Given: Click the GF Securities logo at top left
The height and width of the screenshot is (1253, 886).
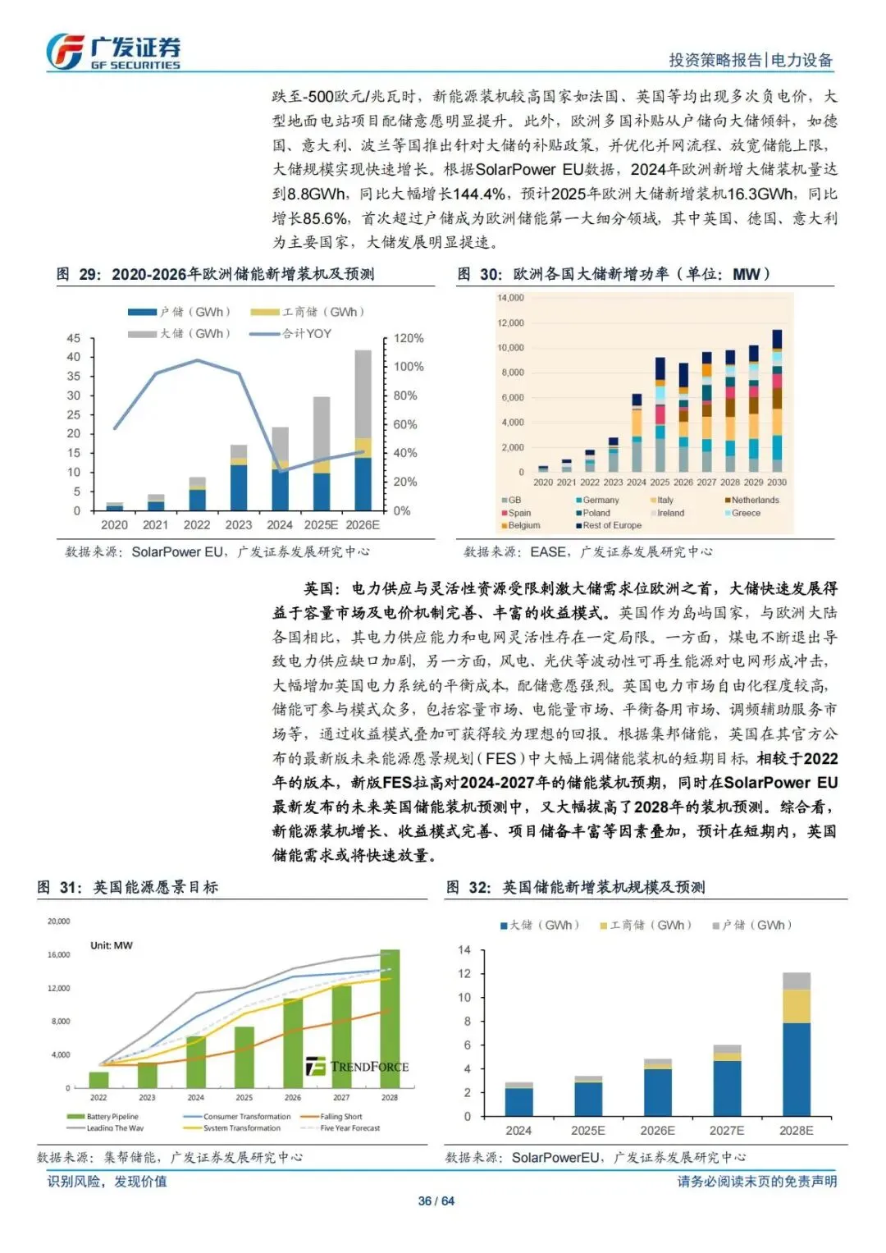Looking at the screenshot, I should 112,52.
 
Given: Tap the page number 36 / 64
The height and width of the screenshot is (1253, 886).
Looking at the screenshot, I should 436,1200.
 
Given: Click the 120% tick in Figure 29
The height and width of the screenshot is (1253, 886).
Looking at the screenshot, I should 409,338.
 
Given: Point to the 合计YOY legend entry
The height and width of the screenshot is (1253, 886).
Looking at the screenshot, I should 292,334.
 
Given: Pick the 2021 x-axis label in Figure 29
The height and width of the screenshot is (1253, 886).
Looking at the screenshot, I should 155,525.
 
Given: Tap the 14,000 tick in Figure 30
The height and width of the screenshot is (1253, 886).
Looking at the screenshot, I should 510,298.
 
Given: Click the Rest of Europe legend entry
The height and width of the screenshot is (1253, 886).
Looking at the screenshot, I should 608,525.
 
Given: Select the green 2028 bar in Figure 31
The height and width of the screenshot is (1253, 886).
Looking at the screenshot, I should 390,1018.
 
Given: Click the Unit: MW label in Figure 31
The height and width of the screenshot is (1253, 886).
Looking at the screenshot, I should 112,945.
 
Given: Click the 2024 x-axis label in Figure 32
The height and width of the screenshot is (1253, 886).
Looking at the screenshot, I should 518,1131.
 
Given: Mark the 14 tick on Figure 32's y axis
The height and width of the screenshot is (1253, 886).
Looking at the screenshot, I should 464,950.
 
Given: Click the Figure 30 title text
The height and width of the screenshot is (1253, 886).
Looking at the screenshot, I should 613,274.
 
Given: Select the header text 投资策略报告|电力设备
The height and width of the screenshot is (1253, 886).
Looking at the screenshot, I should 750,60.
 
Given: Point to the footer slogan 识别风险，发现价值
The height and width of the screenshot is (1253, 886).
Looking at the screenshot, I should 107,1181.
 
